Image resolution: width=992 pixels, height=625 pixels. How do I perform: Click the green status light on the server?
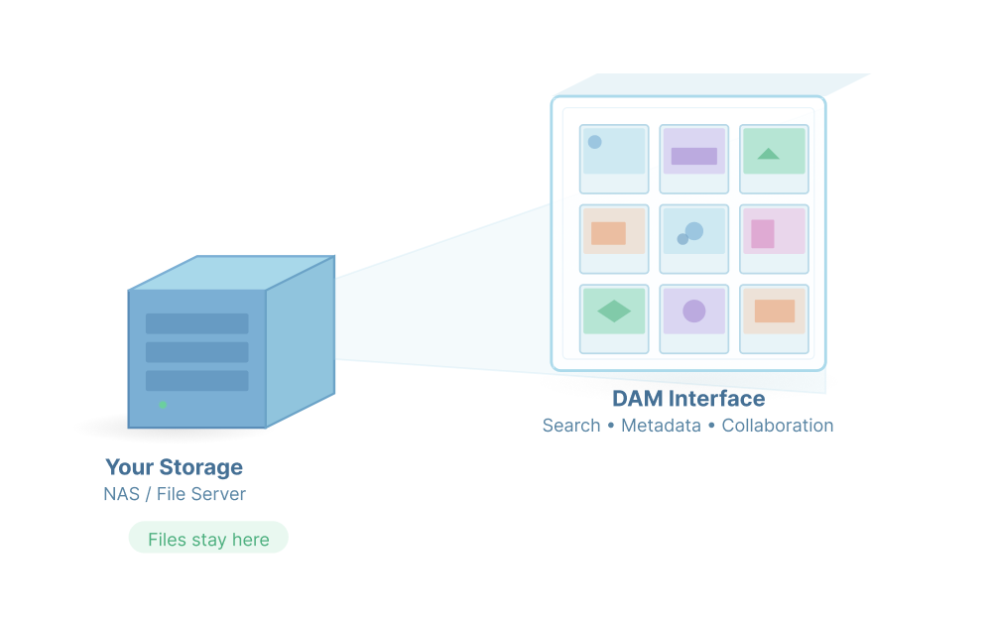tap(163, 405)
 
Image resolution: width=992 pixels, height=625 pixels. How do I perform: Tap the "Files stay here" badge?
tap(208, 540)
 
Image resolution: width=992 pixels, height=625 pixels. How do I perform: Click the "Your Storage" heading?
tap(174, 467)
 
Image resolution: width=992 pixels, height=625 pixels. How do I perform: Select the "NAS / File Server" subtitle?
tap(175, 494)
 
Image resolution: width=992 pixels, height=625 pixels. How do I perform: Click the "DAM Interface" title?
tap(688, 399)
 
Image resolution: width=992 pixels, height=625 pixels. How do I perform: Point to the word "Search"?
tap(571, 426)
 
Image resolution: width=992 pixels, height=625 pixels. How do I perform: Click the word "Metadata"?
tap(661, 426)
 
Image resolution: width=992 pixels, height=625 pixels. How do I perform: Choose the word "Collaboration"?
tap(778, 426)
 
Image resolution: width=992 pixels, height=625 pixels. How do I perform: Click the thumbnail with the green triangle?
tap(774, 159)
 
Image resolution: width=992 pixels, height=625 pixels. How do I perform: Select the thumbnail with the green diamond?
tap(614, 318)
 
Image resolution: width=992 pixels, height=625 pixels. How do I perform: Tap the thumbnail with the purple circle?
tap(694, 318)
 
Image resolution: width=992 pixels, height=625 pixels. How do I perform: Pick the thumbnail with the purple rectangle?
tap(694, 159)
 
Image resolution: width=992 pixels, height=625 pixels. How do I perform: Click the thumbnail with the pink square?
tap(774, 238)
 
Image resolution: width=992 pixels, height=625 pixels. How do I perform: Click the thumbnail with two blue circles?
tap(694, 238)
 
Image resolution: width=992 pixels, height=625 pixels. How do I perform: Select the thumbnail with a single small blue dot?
tap(614, 159)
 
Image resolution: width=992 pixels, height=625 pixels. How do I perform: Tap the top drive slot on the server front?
tap(197, 323)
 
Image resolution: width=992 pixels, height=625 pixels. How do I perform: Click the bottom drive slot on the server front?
tap(197, 381)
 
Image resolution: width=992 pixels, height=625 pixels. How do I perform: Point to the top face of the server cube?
tap(232, 273)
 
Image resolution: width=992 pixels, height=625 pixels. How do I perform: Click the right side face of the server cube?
tap(300, 342)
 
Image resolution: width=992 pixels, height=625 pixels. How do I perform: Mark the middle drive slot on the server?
tap(197, 352)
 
